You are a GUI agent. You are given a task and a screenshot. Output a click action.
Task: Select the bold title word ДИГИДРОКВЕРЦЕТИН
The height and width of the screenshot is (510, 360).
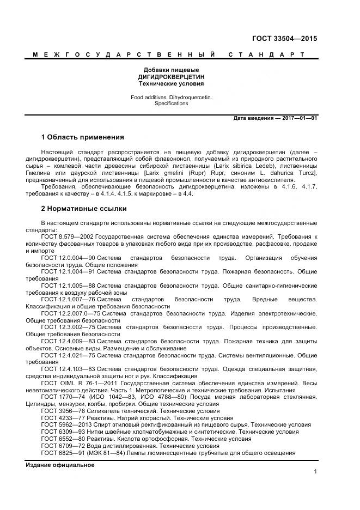click(170, 77)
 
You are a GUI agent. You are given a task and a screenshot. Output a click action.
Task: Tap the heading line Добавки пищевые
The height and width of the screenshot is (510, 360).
click(170, 70)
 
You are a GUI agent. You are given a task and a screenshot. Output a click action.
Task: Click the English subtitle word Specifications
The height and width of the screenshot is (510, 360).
click(170, 103)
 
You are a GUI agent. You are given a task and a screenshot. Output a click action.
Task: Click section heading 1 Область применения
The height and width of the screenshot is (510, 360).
click(82, 137)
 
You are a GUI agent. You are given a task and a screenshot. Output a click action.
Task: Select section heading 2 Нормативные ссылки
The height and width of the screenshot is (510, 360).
click(83, 209)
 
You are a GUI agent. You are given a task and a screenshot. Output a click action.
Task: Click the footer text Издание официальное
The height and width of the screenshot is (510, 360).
click(60, 465)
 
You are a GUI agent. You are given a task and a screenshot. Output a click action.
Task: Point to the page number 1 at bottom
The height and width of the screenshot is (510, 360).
click(315, 472)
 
